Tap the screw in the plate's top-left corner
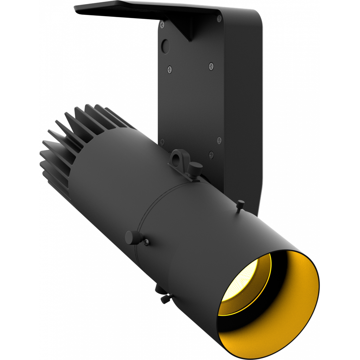(x=162, y=24)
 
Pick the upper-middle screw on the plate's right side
(x=211, y=65)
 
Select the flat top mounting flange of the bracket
(x=141, y=8)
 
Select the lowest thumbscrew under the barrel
(x=165, y=299)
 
